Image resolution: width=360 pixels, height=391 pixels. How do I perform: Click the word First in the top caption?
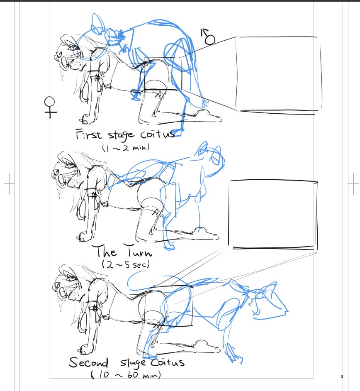(x=89, y=134)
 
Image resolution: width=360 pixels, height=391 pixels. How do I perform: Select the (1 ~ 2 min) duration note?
(x=126, y=147)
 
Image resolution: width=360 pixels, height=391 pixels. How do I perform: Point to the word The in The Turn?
(x=105, y=252)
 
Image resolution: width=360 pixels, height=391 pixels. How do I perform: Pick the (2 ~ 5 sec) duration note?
(x=126, y=264)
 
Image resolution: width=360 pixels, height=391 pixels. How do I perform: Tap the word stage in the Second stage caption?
(x=133, y=363)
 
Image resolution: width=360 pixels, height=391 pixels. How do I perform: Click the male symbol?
(x=208, y=37)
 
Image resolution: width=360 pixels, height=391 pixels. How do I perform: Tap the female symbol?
(x=50, y=107)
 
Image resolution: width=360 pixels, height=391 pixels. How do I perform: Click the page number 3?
(x=342, y=376)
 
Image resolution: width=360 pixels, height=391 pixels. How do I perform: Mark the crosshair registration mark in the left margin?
(x=9, y=184)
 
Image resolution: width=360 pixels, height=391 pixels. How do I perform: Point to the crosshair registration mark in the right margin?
(x=353, y=184)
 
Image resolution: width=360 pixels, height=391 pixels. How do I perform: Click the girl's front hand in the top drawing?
(x=87, y=119)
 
